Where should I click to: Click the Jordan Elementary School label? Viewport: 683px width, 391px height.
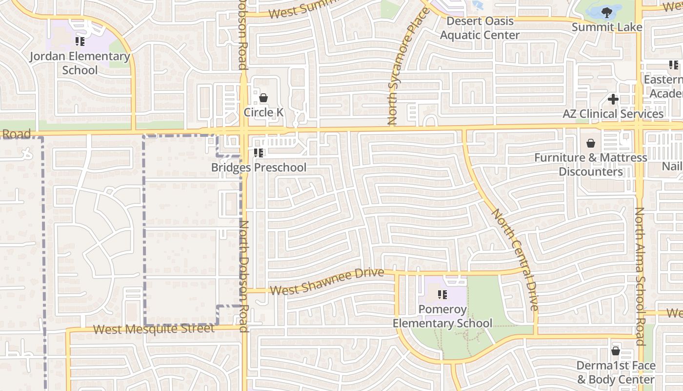[80, 63]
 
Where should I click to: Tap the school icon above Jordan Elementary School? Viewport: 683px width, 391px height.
[80, 41]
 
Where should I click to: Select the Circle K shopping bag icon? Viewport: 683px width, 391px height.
[263, 98]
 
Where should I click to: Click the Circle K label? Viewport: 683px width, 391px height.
[263, 112]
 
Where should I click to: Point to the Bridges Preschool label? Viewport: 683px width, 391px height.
[259, 168]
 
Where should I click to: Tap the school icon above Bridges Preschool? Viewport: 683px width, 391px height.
[259, 153]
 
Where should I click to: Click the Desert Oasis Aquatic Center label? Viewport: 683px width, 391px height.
[480, 28]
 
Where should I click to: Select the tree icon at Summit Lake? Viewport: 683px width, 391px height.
[607, 12]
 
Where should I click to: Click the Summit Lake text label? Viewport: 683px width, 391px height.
[607, 27]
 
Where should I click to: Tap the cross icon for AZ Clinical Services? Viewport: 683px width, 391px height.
[613, 99]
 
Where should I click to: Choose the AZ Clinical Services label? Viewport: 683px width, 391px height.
[613, 114]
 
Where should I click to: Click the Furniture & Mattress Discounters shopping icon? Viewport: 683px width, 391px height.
[591, 143]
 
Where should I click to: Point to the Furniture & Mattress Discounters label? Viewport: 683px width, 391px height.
[591, 164]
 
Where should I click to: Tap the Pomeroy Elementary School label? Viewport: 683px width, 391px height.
[442, 316]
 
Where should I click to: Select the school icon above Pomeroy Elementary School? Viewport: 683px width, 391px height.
[442, 295]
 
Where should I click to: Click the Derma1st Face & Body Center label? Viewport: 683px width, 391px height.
[616, 372]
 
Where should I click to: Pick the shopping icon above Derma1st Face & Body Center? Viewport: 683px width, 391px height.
[616, 351]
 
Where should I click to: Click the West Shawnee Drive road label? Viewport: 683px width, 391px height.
[327, 282]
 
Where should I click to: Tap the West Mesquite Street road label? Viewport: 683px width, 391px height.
[154, 329]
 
